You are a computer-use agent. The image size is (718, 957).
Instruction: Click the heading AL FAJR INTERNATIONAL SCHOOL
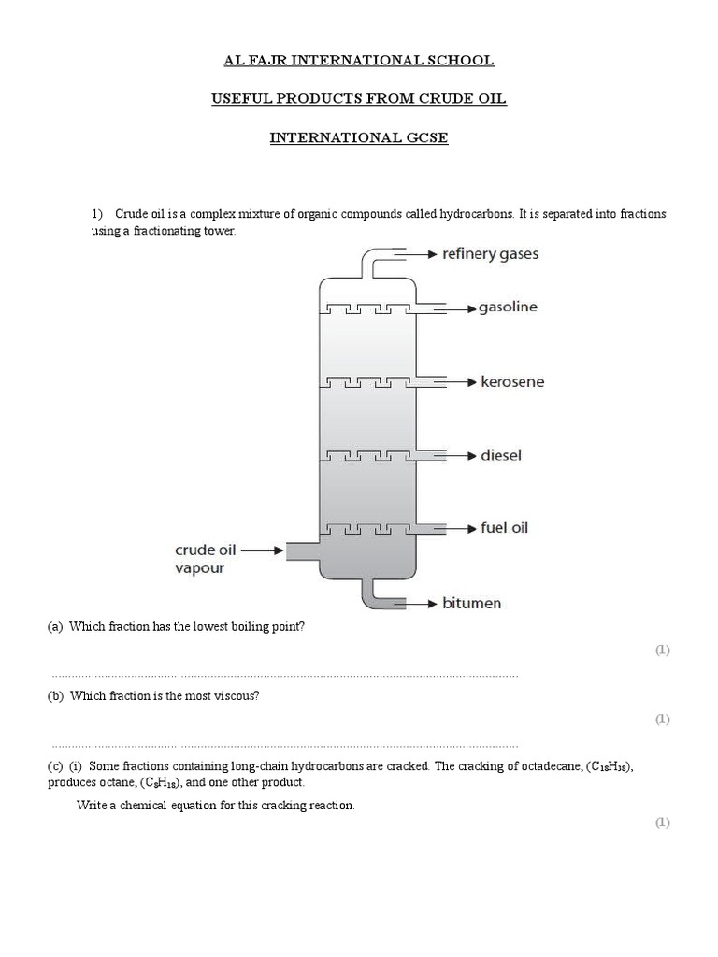click(359, 61)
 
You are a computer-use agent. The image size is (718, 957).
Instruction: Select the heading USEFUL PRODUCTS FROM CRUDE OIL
click(359, 99)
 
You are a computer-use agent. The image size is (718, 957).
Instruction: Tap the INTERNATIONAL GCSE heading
click(359, 138)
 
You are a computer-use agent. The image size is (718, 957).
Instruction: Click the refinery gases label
click(490, 253)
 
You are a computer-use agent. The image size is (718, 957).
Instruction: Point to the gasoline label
click(508, 307)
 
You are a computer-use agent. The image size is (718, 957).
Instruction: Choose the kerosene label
click(511, 382)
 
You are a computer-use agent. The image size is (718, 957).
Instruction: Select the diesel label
click(500, 456)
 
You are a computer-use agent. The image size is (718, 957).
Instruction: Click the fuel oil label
click(504, 528)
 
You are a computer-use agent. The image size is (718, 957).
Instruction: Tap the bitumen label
click(471, 604)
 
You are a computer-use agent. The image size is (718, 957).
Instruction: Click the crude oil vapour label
click(205, 559)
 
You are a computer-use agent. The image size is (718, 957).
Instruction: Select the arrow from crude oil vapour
click(264, 551)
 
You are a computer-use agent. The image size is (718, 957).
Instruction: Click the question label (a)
click(55, 628)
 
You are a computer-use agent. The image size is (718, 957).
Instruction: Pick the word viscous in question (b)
click(237, 697)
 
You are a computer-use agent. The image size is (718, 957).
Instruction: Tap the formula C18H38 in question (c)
click(612, 767)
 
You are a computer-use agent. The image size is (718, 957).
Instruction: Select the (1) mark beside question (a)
click(662, 650)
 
